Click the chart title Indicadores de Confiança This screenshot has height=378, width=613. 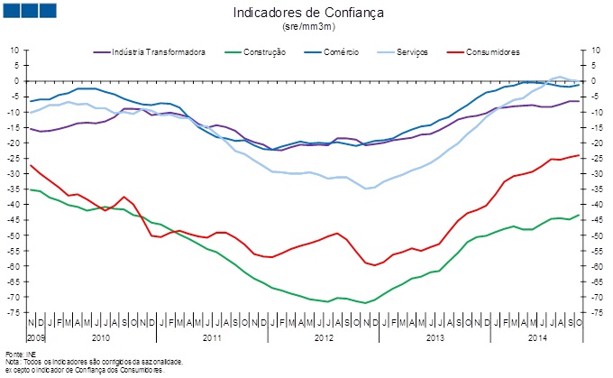(x=308, y=14)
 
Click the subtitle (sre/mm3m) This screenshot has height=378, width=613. (x=308, y=27)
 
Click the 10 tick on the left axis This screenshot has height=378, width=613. (x=15, y=50)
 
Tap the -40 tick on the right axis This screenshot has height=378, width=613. (x=593, y=204)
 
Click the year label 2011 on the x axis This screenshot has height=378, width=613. (x=213, y=337)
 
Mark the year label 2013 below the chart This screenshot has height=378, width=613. (x=435, y=337)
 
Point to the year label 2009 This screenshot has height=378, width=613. (x=35, y=337)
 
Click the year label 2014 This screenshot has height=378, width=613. (x=536, y=337)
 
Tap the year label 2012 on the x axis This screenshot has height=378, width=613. (x=324, y=337)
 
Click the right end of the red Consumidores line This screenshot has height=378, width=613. (x=578, y=155)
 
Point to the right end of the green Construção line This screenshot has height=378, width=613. (x=578, y=215)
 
